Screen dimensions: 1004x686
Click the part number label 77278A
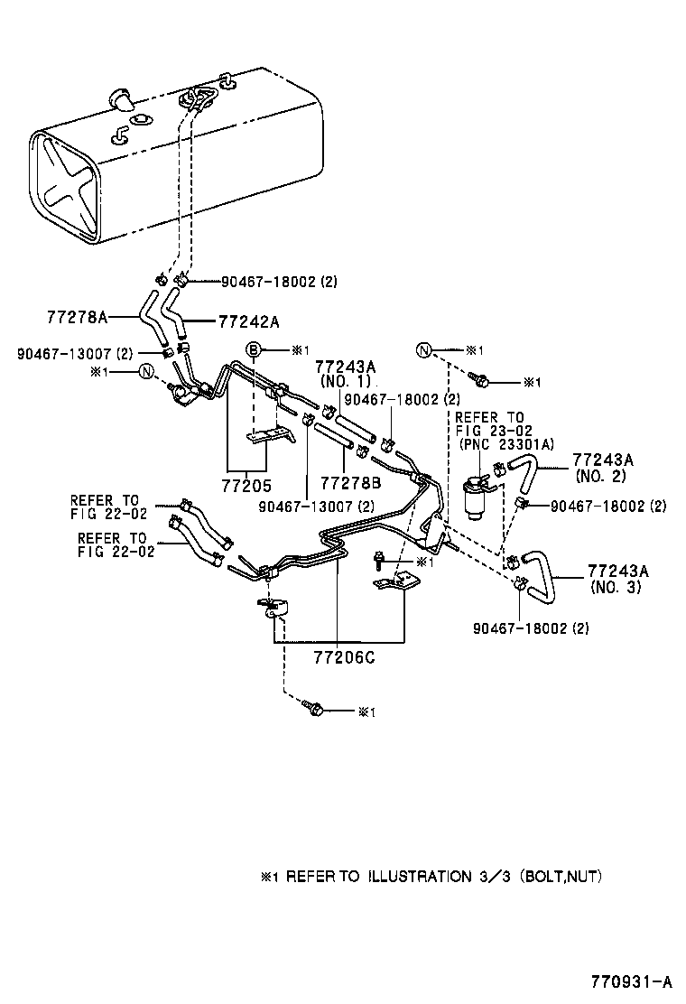[77, 317]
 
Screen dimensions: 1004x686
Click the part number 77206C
[338, 657]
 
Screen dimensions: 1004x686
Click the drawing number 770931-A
[633, 981]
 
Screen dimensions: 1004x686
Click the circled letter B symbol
[255, 349]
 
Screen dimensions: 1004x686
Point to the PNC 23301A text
[505, 443]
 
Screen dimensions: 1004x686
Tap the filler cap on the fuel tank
[119, 98]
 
